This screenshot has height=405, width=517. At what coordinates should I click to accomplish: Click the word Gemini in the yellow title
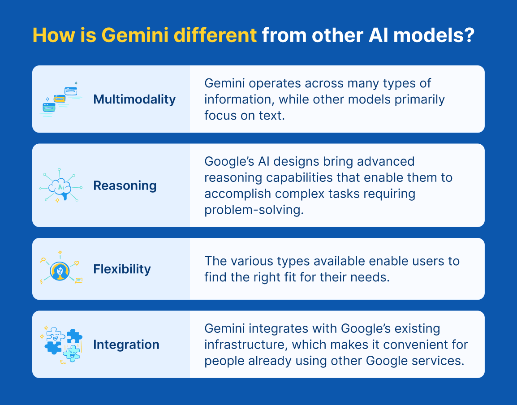point(135,35)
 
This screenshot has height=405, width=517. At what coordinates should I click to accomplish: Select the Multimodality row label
point(134,99)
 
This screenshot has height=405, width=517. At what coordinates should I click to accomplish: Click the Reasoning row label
point(125,185)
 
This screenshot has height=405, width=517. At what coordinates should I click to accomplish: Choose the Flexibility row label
point(122,269)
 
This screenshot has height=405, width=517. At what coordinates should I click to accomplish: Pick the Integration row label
point(126,345)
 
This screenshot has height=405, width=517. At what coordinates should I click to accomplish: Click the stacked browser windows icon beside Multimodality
point(61,99)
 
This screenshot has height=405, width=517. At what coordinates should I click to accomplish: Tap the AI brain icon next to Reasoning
point(60,185)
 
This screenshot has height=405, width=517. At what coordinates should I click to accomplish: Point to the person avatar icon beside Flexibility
point(60,271)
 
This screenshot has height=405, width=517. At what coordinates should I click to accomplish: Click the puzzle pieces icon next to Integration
point(61,345)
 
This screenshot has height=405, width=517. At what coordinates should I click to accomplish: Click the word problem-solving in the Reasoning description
point(254,210)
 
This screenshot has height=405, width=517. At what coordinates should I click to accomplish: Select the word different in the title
point(215,35)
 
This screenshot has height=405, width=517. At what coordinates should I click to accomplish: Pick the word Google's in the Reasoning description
point(229,162)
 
